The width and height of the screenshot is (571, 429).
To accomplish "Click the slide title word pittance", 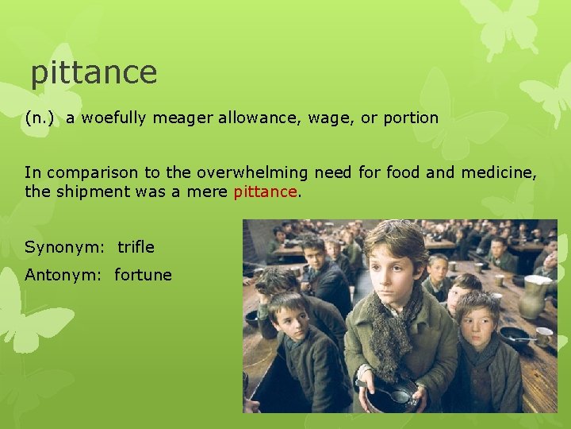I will (x=94, y=73).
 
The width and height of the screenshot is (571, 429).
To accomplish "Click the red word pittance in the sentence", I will (x=265, y=192).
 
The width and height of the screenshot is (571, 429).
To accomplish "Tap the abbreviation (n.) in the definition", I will (x=40, y=118).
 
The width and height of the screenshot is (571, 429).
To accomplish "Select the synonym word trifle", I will (x=136, y=247).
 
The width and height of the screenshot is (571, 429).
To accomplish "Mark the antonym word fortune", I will (x=143, y=276).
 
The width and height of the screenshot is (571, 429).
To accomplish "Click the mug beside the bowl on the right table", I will (x=545, y=337).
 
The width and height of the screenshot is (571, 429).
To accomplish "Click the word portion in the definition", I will (x=411, y=118).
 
